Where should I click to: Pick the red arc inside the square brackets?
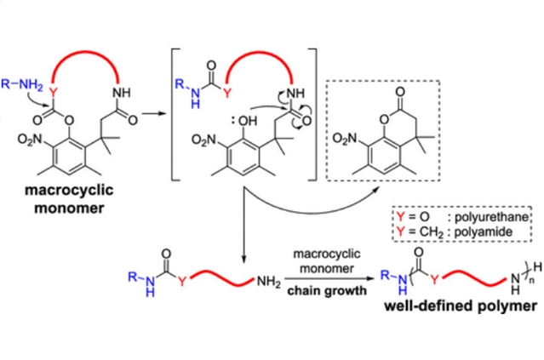[253, 50]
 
